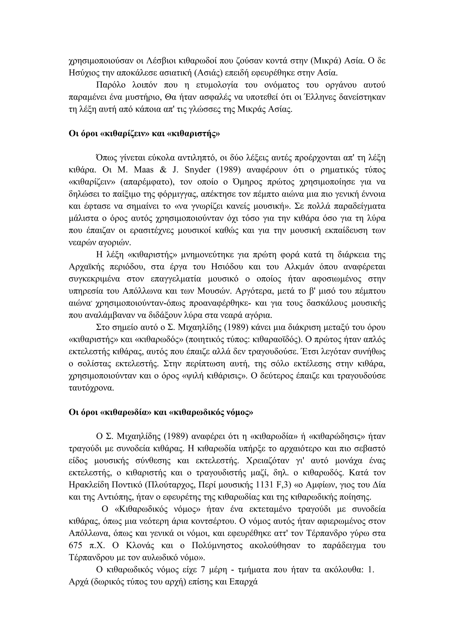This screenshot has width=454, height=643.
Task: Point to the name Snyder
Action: [x=199, y=170]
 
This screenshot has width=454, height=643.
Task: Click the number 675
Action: [x=76, y=546]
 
